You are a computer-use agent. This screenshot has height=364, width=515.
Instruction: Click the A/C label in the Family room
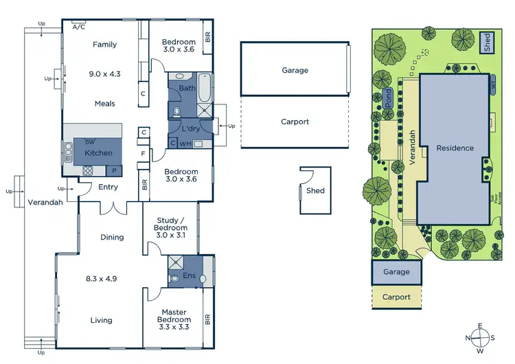click(78, 27)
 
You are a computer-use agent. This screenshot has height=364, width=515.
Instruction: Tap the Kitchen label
click(98, 152)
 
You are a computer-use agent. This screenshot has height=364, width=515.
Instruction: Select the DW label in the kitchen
click(80, 141)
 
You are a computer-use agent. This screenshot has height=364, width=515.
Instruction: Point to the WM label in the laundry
click(185, 144)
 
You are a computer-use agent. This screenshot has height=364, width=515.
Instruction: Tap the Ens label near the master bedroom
click(190, 276)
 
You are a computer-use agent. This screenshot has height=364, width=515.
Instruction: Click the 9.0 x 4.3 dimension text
click(105, 73)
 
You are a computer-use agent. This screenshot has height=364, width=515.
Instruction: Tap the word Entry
click(108, 187)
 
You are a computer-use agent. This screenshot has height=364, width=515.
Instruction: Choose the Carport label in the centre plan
click(295, 122)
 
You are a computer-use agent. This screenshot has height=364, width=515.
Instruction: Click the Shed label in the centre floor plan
click(315, 191)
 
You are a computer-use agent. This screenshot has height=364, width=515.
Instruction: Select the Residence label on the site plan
click(455, 148)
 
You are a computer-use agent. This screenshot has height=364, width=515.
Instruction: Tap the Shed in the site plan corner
click(487, 43)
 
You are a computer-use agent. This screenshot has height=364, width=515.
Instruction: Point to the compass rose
click(481, 337)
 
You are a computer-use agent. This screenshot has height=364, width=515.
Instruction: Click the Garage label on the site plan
click(396, 272)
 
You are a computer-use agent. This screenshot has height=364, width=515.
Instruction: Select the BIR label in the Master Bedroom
click(207, 319)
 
